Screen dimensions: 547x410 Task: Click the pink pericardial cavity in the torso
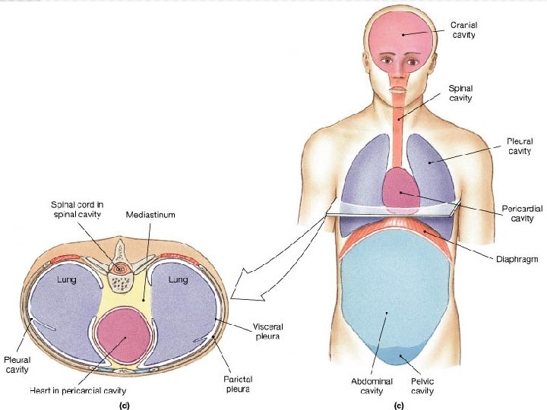(400, 190)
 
